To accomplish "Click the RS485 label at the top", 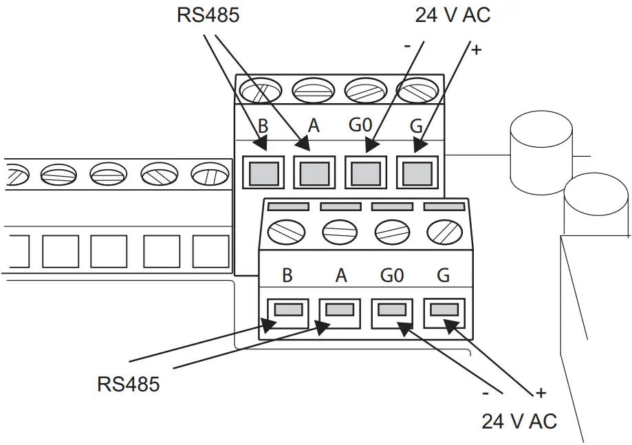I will [x=208, y=15].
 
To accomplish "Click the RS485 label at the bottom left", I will [x=128, y=384].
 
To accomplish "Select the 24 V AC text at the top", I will [x=453, y=15].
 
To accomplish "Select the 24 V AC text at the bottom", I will [x=519, y=421].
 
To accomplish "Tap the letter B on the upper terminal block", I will [x=263, y=127].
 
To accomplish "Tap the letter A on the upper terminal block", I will [x=314, y=126].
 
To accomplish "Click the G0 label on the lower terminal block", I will [x=391, y=276].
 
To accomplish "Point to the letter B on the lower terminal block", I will [x=287, y=276].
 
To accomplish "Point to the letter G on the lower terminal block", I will [x=444, y=276].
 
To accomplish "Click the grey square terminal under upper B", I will [x=264, y=172].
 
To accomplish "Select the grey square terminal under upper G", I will [x=417, y=172].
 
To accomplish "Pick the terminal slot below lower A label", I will [x=340, y=310].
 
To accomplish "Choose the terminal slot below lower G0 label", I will [x=391, y=310].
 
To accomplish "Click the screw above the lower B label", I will [x=287, y=232].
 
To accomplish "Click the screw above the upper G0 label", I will [x=365, y=90].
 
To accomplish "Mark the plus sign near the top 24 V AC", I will [x=477, y=51].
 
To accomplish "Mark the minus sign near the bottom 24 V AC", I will [x=486, y=394].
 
